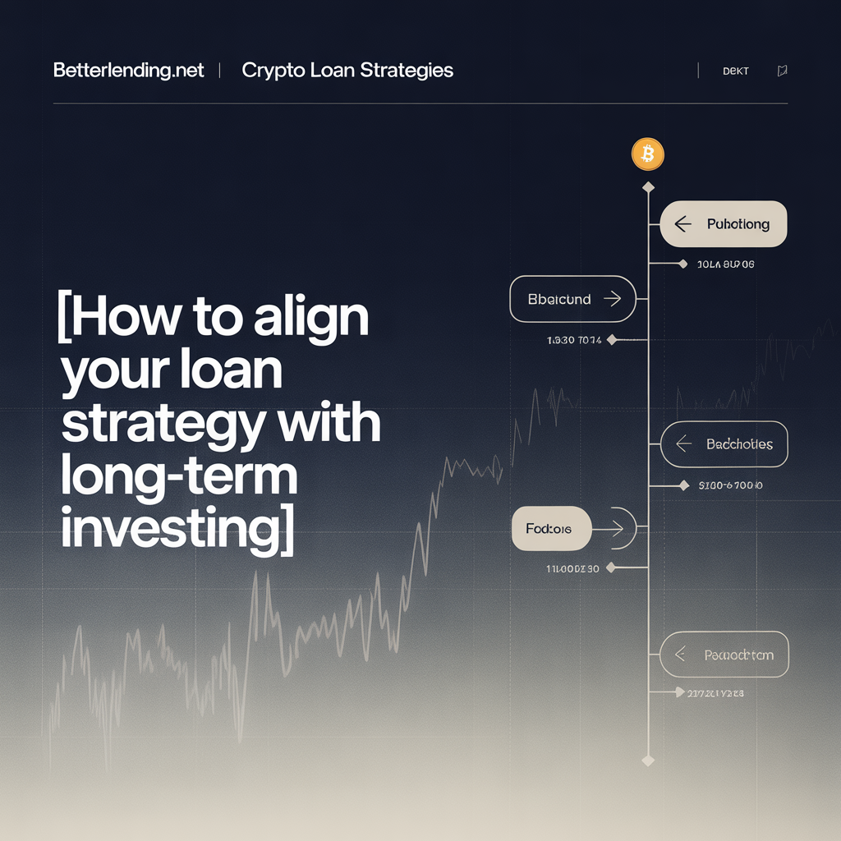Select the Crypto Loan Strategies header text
click(x=347, y=71)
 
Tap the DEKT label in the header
click(x=735, y=71)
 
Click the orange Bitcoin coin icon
click(x=647, y=154)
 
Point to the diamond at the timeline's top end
click(x=648, y=188)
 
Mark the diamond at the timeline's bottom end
click(x=648, y=761)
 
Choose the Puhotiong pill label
click(x=738, y=223)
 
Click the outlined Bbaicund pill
click(x=572, y=299)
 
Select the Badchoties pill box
click(x=724, y=444)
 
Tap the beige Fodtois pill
click(x=551, y=528)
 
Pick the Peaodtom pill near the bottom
click(x=724, y=655)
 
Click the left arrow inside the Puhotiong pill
click(x=682, y=223)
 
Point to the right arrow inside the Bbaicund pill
click(x=612, y=299)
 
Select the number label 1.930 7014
click(x=574, y=339)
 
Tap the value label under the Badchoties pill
click(x=730, y=485)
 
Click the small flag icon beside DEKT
click(x=782, y=71)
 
